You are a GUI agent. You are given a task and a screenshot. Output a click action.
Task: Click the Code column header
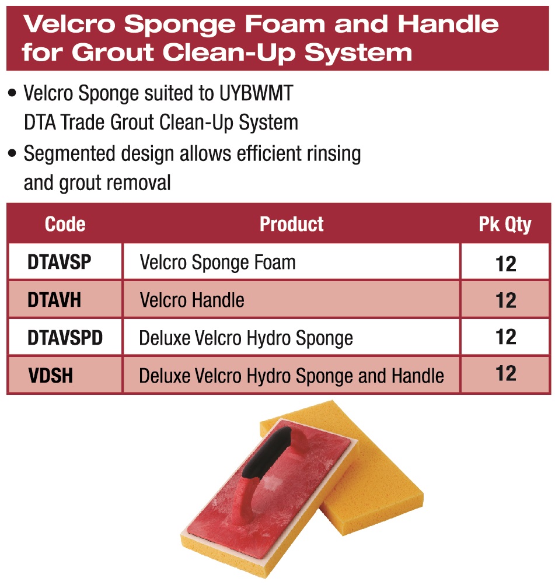pyautogui.click(x=65, y=224)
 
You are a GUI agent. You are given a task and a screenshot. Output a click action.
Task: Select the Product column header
pyautogui.click(x=291, y=224)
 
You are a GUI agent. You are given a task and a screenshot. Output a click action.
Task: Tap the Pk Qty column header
pyautogui.click(x=505, y=224)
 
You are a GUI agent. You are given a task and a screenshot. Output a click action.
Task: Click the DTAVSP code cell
pyautogui.click(x=65, y=261)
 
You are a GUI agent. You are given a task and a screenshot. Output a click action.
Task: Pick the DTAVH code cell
pyautogui.click(x=65, y=300)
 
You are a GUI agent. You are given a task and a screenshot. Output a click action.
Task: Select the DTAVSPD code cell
pyautogui.click(x=65, y=338)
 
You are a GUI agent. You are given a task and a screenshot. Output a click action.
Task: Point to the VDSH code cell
pyautogui.click(x=65, y=375)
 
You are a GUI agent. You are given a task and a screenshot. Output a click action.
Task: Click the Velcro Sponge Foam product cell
pyautogui.click(x=291, y=261)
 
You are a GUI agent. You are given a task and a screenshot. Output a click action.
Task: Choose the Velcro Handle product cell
pyautogui.click(x=291, y=300)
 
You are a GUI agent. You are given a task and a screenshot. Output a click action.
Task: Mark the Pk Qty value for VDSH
pyautogui.click(x=505, y=374)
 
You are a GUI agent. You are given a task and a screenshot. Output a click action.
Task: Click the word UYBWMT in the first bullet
pyautogui.click(x=256, y=93)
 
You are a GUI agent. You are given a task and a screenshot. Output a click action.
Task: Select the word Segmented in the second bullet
pyautogui.click(x=69, y=154)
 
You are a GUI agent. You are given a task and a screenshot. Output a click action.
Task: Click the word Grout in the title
pyautogui.click(x=113, y=52)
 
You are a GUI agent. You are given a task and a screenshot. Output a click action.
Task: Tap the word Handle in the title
pyautogui.click(x=448, y=24)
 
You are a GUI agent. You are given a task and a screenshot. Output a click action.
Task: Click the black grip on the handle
pyautogui.click(x=267, y=452)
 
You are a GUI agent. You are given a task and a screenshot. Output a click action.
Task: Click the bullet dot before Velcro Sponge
pyautogui.click(x=12, y=93)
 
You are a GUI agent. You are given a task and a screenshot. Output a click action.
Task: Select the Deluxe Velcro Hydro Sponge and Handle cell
pyautogui.click(x=291, y=375)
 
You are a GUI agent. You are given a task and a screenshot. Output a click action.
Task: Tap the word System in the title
pyautogui.click(x=358, y=53)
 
